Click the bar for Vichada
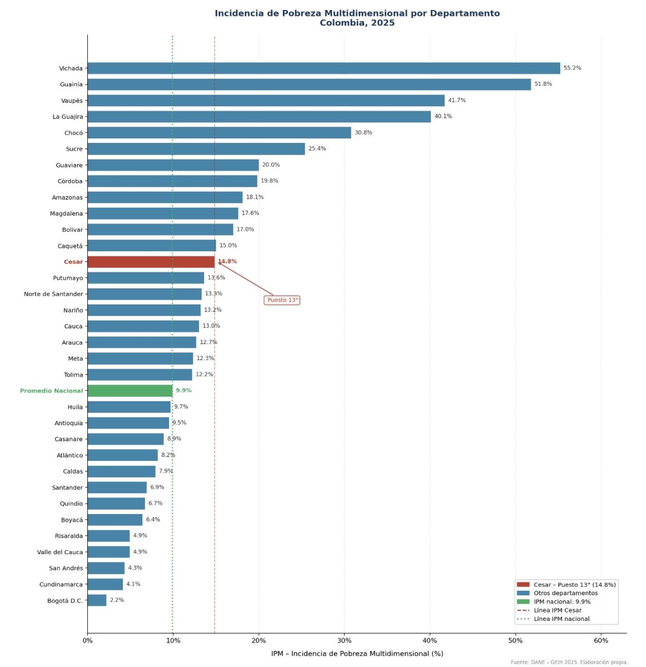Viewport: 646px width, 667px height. (324, 68)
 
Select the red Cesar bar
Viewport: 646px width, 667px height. (151, 262)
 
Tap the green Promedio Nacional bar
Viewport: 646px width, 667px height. (130, 391)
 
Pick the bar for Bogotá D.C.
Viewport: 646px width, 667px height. (97, 600)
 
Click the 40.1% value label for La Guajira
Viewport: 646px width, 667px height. (443, 117)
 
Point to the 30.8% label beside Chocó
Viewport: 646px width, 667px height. (364, 133)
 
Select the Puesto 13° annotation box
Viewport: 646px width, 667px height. (282, 300)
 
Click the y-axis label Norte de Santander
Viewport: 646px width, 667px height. (53, 294)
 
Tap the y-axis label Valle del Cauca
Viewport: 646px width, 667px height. (60, 552)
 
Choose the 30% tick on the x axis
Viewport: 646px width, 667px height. (344, 640)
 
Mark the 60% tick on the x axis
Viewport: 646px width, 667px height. (601, 640)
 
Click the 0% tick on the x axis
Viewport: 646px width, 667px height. (87, 640)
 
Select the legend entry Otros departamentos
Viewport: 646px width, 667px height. (565, 593)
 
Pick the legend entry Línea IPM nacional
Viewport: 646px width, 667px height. (561, 619)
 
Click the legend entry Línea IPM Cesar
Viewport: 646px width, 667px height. (558, 610)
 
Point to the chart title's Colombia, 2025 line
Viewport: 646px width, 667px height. (357, 23)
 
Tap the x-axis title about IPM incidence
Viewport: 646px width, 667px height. (357, 654)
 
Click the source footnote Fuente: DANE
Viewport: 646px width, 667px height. (569, 662)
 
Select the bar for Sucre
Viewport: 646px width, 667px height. (196, 149)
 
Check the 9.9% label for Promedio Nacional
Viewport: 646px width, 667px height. (183, 391)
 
